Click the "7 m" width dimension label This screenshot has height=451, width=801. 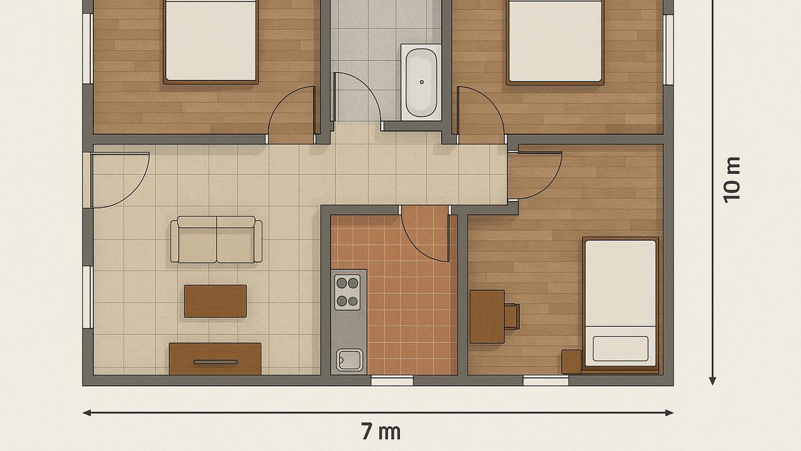tap(380, 432)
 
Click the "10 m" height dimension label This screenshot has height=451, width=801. tap(732, 179)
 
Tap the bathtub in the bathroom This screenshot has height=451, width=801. tap(421, 82)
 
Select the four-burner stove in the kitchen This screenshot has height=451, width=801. tap(347, 292)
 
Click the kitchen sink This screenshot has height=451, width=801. tap(349, 359)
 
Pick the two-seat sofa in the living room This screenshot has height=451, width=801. tap(216, 239)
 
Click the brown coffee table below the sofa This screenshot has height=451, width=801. tap(216, 301)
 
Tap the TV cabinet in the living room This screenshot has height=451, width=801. tap(215, 359)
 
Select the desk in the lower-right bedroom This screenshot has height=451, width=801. tap(487, 316)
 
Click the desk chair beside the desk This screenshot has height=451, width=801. tap(511, 316)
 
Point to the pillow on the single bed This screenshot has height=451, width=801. tap(620, 348)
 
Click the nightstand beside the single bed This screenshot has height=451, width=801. tap(571, 361)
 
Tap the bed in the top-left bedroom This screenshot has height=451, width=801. tap(211, 41)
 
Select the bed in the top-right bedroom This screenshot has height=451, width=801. tap(555, 41)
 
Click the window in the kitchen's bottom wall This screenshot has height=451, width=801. tap(392, 381)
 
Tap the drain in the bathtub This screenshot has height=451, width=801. tap(421, 82)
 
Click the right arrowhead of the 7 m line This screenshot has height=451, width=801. tap(669, 413)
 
